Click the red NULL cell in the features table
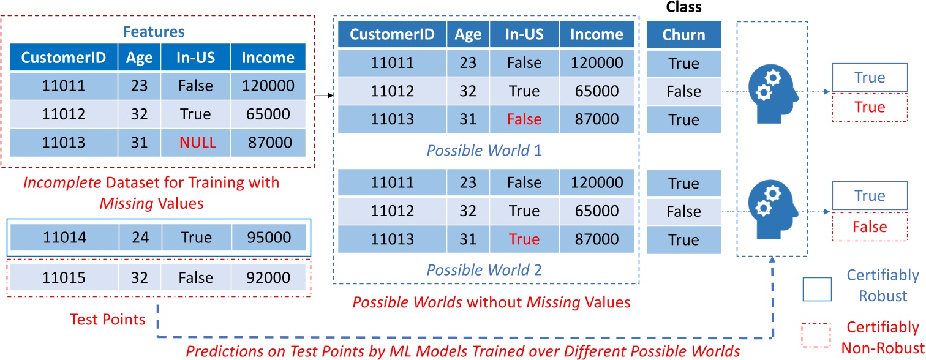[x=197, y=143]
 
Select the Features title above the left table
[x=154, y=32]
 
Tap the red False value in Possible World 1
[x=524, y=119]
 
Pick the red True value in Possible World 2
[x=524, y=239]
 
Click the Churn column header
[x=683, y=35]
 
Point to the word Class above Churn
[x=683, y=7]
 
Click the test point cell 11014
[x=64, y=238]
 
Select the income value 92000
[x=268, y=278]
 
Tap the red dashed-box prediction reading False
[x=870, y=227]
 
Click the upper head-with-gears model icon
[x=772, y=94]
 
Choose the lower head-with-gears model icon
[x=772, y=209]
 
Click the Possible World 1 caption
[x=484, y=151]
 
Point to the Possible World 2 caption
[x=484, y=270]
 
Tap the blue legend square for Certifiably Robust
[x=817, y=290]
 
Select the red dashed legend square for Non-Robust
[x=816, y=336]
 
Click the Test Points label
[x=108, y=320]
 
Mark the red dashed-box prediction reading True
[x=870, y=108]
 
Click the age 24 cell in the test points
[x=140, y=238]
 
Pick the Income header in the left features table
[x=268, y=58]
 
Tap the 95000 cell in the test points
[x=269, y=238]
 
